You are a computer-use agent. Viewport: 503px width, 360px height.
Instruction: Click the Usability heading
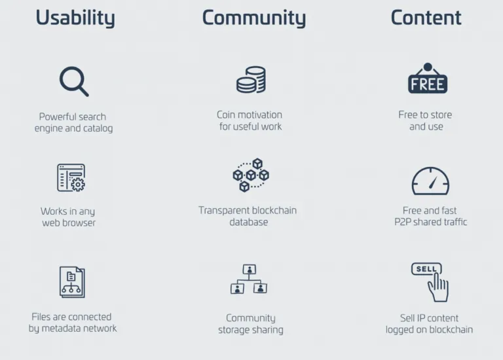coord(75,18)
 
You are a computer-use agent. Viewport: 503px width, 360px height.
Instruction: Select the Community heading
coord(254,18)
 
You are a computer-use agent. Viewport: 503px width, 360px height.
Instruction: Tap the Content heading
coord(426,17)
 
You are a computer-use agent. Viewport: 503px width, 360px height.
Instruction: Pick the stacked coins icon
coord(251,80)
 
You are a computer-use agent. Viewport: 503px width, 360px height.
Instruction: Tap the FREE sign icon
coord(428,79)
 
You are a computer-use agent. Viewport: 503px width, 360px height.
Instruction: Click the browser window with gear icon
coord(71,177)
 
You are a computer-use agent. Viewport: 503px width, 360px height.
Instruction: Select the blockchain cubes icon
coord(251,175)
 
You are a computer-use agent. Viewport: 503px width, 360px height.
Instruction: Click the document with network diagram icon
coord(72,282)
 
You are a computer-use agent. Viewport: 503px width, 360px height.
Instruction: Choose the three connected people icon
coord(249,279)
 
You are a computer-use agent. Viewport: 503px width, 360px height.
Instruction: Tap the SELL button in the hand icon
coord(426,268)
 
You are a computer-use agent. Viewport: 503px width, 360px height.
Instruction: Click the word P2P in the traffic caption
coord(403,222)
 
